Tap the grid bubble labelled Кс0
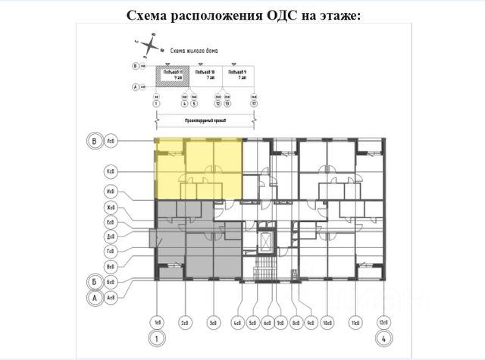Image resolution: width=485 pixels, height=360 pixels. point(111,172)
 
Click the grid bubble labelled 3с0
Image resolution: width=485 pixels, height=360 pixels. point(214,323)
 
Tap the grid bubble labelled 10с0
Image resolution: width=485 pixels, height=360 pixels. point(327,323)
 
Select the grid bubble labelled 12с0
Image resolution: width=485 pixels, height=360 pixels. point(384,323)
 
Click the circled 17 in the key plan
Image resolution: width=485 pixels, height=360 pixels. point(255,103)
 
